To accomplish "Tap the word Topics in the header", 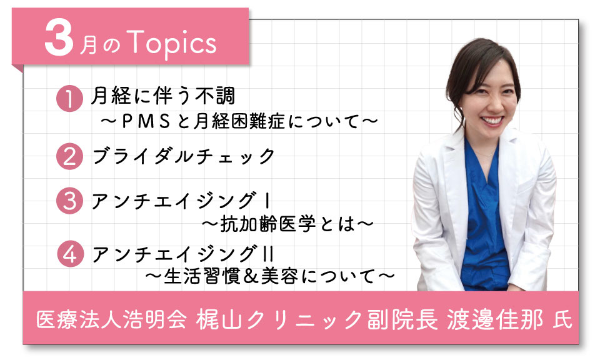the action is [171, 44].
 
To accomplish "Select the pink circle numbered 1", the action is [69, 98].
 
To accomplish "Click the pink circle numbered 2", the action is [69, 156].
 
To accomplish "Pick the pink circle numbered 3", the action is [69, 201].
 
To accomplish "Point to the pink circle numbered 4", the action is [71, 254].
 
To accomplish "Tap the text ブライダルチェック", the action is [184, 156].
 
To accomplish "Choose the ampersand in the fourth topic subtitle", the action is [251, 276].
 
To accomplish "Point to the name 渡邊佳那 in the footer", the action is [495, 319].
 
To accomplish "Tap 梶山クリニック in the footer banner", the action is [279, 319].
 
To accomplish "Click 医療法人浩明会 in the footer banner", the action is [112, 319].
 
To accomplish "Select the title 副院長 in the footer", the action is [403, 319].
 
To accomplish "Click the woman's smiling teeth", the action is [492, 121].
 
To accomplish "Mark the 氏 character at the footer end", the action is [563, 320].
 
